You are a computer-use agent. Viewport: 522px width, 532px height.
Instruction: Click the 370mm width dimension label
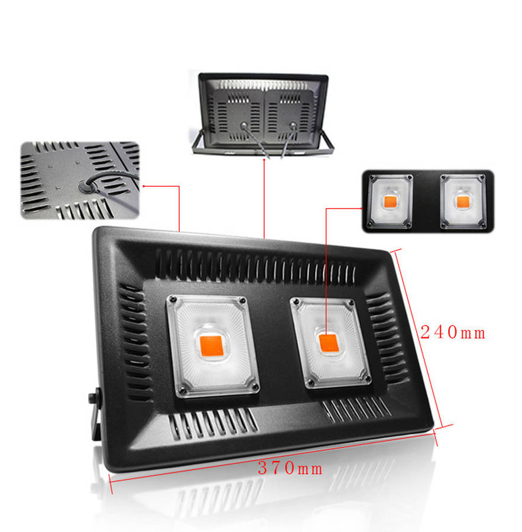(x=290, y=469)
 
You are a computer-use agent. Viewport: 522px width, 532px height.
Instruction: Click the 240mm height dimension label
(x=453, y=333)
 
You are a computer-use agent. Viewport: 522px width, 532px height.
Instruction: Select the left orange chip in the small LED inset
(x=390, y=201)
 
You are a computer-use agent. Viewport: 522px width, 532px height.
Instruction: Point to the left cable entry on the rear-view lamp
(x=242, y=125)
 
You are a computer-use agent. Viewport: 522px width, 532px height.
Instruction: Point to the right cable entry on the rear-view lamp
(x=292, y=125)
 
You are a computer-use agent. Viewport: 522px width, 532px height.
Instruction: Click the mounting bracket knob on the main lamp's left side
(x=93, y=400)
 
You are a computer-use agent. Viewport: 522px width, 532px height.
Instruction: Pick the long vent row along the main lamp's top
(x=254, y=265)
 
